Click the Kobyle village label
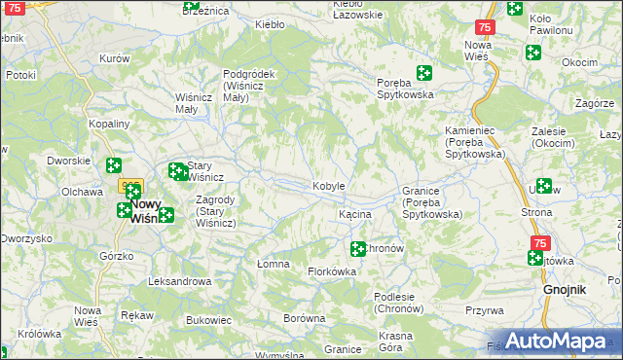click(x=329, y=186)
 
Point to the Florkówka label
click(x=332, y=271)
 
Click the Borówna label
click(x=303, y=318)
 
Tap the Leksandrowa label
click(x=179, y=281)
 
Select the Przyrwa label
click(x=484, y=310)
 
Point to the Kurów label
click(x=115, y=58)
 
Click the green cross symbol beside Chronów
click(x=358, y=249)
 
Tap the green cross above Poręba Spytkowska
click(x=424, y=72)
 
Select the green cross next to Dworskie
click(x=114, y=165)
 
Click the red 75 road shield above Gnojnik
click(x=540, y=242)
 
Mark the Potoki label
click(x=20, y=74)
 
